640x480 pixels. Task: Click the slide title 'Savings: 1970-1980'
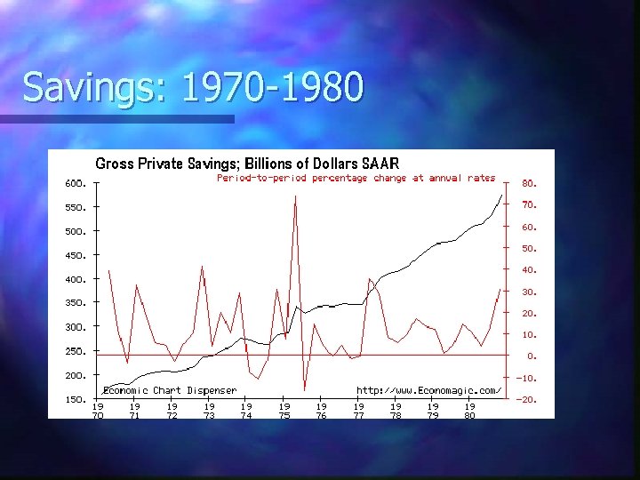click(x=193, y=88)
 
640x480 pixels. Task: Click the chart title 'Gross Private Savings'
click(x=247, y=164)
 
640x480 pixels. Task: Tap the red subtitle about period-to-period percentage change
click(x=356, y=178)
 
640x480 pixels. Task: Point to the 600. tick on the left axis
click(x=75, y=184)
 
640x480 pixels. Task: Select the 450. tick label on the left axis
click(x=75, y=256)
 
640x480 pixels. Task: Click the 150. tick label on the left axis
click(x=75, y=400)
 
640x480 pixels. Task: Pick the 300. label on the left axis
click(x=75, y=328)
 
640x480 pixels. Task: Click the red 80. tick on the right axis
click(x=529, y=184)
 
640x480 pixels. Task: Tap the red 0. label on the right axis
click(x=531, y=356)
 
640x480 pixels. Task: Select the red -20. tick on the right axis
click(x=527, y=400)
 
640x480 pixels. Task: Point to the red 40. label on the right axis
click(x=529, y=270)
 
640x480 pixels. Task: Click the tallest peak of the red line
click(x=295, y=196)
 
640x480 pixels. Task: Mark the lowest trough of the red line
click(x=304, y=390)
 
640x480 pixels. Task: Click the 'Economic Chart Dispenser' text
click(x=170, y=390)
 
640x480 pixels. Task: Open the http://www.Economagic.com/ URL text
click(x=428, y=390)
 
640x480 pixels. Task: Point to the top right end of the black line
click(x=502, y=194)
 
